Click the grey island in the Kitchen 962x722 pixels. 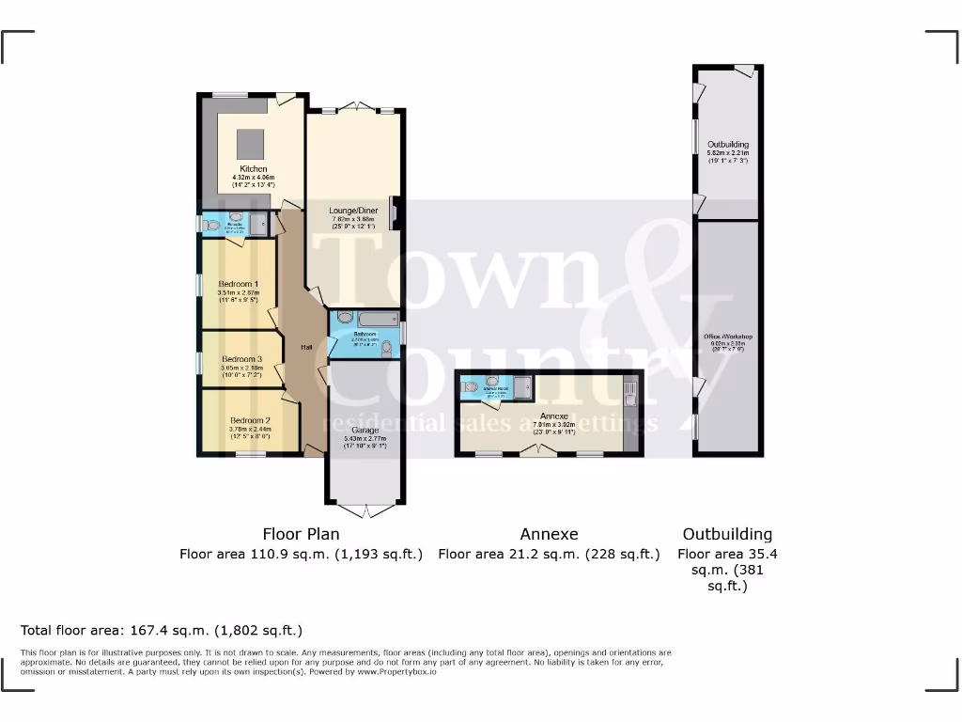[251, 144]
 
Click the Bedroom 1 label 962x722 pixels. [239, 284]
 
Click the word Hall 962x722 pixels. [306, 348]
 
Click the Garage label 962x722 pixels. [365, 431]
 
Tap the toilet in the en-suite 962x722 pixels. [209, 225]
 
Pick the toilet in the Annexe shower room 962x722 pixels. [467, 387]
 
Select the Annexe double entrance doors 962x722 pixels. [537, 451]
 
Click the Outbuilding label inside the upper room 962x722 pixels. [728, 145]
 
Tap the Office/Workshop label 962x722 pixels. [728, 337]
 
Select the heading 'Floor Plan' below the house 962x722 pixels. [301, 534]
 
